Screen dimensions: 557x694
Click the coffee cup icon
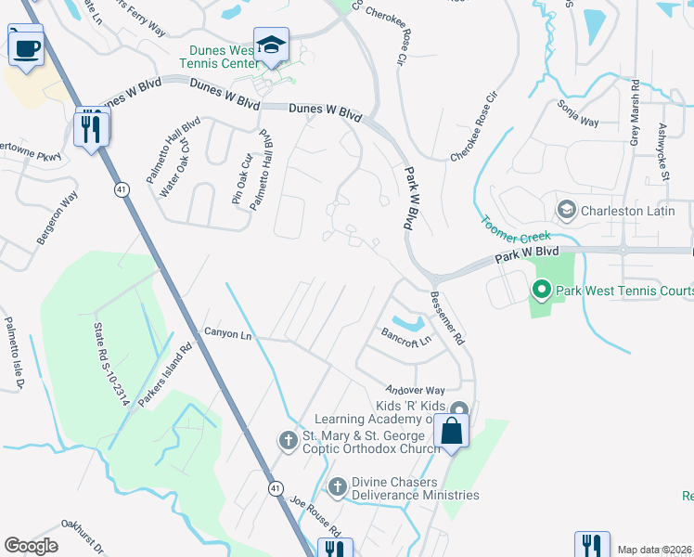point(26,46)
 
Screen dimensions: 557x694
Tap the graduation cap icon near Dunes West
point(271,45)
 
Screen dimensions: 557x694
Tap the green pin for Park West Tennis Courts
point(542,291)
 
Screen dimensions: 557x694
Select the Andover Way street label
point(417,390)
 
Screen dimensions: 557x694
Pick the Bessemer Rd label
point(447,318)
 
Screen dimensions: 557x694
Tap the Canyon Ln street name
point(227,333)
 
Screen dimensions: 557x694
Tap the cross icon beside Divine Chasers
point(338,485)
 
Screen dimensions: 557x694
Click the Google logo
point(31,546)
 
